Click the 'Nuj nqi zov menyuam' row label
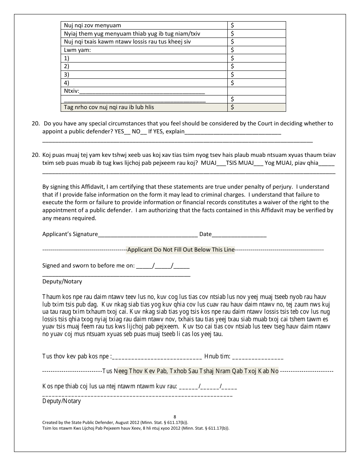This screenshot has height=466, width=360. click(92, 25)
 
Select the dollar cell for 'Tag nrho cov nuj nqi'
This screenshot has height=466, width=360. click(256, 107)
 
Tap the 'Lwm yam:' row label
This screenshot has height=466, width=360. click(77, 50)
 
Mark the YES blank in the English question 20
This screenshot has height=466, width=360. click(127, 132)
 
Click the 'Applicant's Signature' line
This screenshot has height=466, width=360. click(148, 235)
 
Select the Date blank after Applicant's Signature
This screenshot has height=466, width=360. click(239, 235)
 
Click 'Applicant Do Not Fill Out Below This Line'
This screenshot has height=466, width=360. click(181, 250)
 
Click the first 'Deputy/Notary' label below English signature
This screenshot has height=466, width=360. click(62, 281)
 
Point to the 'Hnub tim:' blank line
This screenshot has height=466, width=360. click(258, 357)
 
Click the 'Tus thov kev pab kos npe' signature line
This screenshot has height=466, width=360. click(157, 357)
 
